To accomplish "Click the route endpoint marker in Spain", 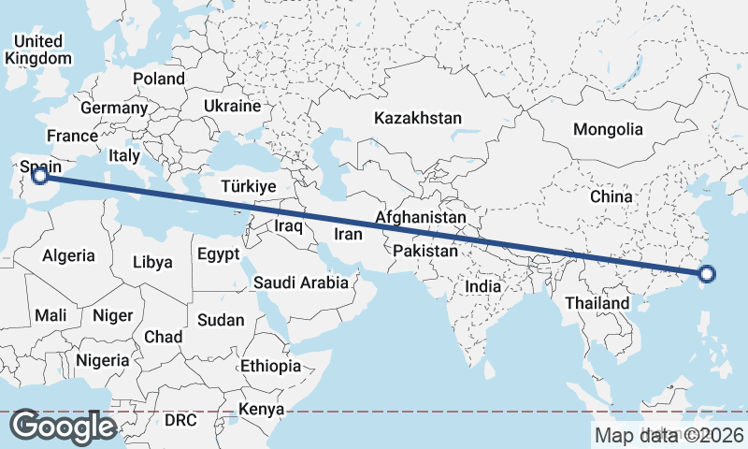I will pos(39,174).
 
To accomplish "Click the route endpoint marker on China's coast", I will pos(707,274).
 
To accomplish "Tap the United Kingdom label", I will pos(38,50).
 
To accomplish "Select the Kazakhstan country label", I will pos(418,119).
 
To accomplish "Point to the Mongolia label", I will pos(609,129).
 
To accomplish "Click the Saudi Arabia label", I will pos(300,282).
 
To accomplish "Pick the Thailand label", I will pos(597,304).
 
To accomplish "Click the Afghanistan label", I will pos(421,218).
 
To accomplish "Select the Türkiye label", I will pos(249,187).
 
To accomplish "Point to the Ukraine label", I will pos(232,106).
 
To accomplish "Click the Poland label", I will pos(159,79).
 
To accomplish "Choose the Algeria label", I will pos(69,255).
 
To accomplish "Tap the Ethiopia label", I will pos(270,366).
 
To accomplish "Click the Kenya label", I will pos(261,410).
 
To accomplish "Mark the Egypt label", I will pos(219,254).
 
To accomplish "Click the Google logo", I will pos(63,427).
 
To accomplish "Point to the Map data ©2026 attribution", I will pos(669,435).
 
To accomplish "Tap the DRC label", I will pos(180,420).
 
